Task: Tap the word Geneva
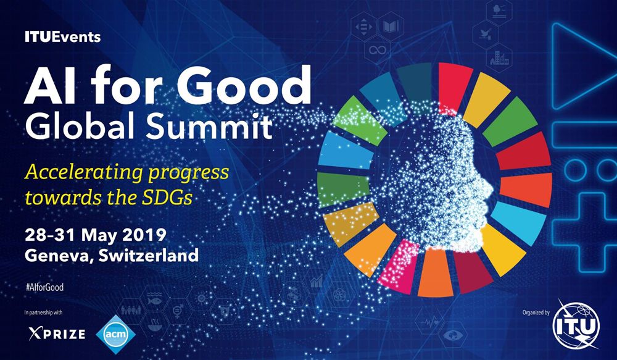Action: click(56, 254)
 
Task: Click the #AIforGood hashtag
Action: click(44, 288)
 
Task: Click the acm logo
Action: click(117, 333)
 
